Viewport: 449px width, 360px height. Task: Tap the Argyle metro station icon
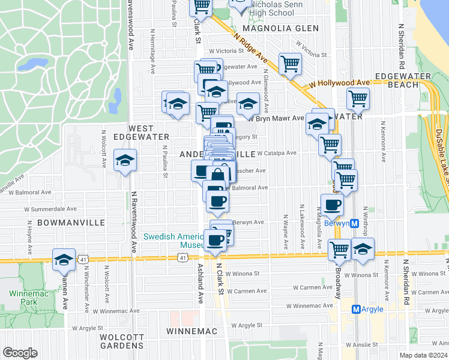point(356,309)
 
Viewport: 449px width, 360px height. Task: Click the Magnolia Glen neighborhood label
point(284,28)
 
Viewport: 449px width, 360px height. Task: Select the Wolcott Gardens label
point(121,341)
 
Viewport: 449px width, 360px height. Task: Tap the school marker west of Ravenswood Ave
point(125,160)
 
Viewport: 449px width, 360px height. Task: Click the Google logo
point(20,353)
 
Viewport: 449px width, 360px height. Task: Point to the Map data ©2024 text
point(424,355)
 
